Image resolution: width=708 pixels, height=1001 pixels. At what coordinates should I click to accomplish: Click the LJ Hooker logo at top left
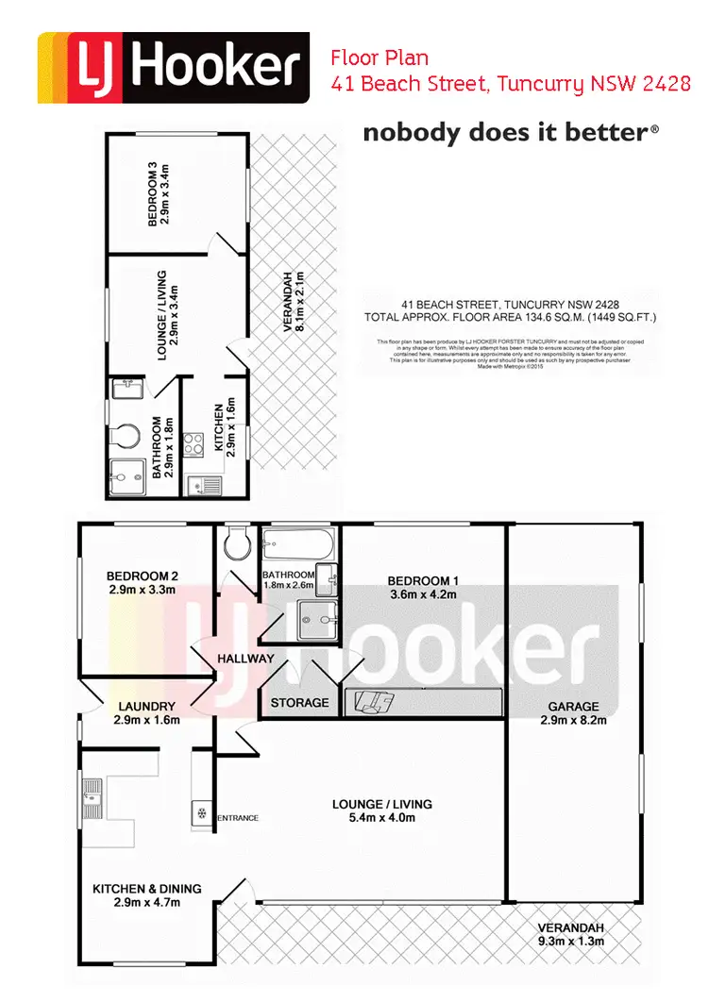173,67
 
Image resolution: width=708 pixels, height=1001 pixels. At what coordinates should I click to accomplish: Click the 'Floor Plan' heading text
379,58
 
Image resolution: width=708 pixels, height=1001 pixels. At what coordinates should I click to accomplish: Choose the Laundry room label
146,712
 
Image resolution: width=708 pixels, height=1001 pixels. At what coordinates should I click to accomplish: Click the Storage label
299,703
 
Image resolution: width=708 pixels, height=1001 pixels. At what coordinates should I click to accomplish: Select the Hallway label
245,659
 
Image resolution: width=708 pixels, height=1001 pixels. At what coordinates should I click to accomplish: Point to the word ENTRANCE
238,818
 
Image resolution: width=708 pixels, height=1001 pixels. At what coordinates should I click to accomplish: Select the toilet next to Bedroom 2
235,542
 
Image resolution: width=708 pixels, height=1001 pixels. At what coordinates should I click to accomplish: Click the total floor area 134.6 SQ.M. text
510,318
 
